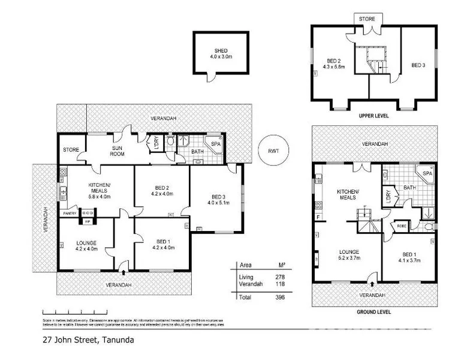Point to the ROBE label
[x=400, y=226]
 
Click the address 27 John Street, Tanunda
[x=88, y=340]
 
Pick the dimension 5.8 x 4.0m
[x=98, y=196]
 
